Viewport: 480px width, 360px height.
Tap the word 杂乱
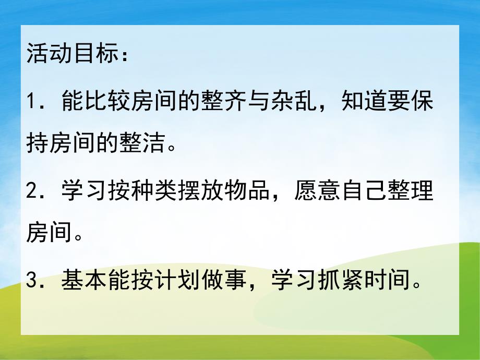pyautogui.click(x=307, y=101)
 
